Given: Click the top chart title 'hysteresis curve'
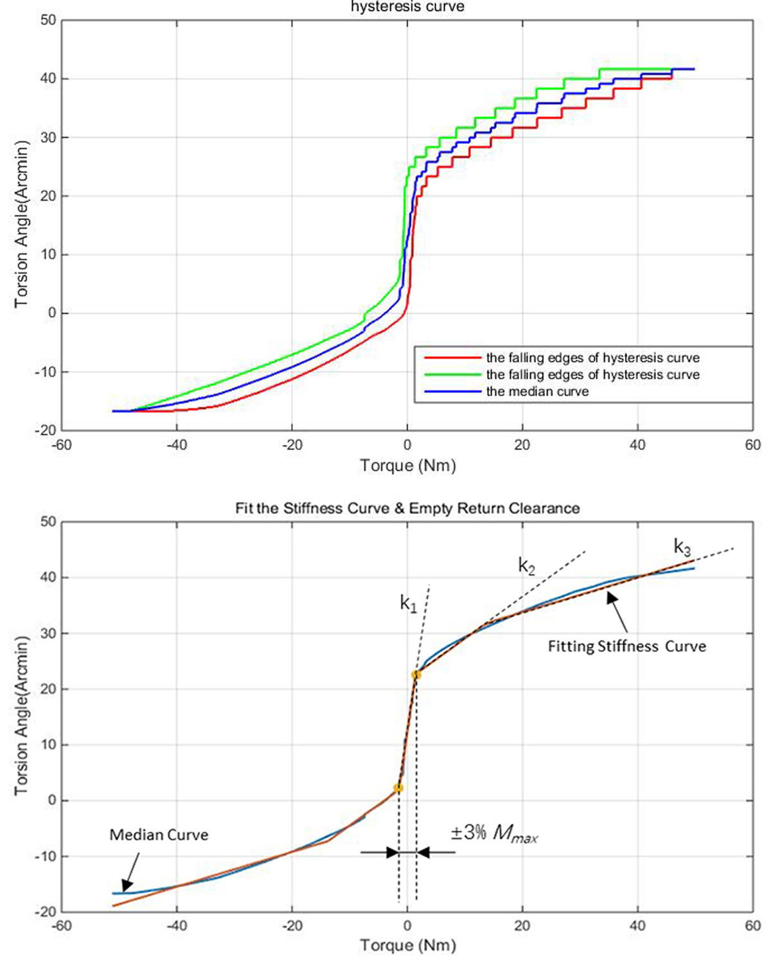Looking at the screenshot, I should coord(407,6).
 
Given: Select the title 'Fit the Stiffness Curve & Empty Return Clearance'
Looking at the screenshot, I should coord(407,509).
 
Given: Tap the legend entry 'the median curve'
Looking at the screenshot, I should coord(537,392).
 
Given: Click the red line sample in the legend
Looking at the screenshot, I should coord(450,358).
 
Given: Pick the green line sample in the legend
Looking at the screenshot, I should coord(450,374).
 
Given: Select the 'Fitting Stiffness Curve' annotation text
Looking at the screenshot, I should coord(626,646).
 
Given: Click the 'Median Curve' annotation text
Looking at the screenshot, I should coord(159,835).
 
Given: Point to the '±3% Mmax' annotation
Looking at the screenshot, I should coord(494,833).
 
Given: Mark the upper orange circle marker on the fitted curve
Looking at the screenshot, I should coord(416,675).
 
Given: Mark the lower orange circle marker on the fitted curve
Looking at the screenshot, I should coord(398,788).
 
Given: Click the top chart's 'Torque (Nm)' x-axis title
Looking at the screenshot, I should coord(407,466).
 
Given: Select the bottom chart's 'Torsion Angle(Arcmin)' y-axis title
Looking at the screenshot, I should coord(22,715).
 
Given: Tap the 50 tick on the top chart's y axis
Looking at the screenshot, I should coord(48,20).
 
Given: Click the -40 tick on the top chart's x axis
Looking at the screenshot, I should coord(177,445).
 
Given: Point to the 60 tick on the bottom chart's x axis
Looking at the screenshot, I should coord(752,926).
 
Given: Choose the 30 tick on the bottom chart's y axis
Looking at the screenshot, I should coord(48,633).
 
